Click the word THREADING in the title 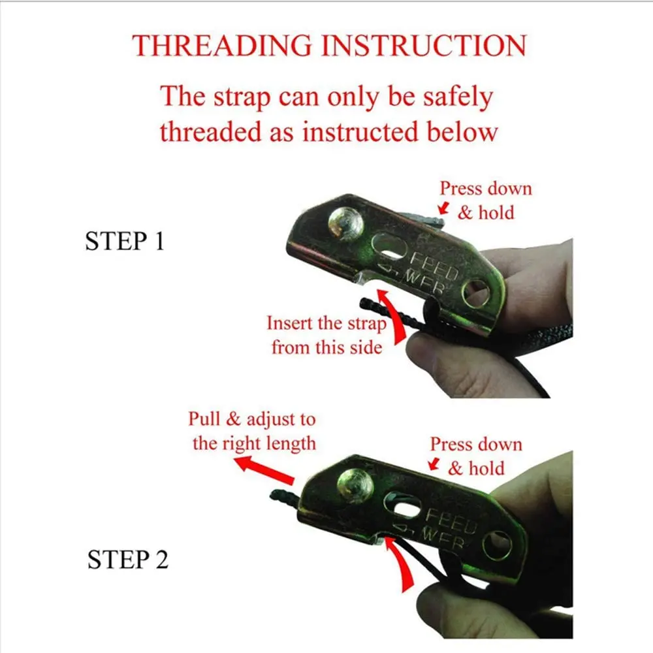[222, 45]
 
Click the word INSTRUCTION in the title [424, 45]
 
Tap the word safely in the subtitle [458, 97]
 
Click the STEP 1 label [125, 241]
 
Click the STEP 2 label [128, 560]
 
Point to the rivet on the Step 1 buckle [345, 225]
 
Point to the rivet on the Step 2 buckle [355, 486]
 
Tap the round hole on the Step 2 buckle [498, 545]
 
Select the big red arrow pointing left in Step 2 [264, 470]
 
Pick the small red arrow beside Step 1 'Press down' [443, 208]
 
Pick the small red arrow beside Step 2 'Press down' [434, 464]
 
